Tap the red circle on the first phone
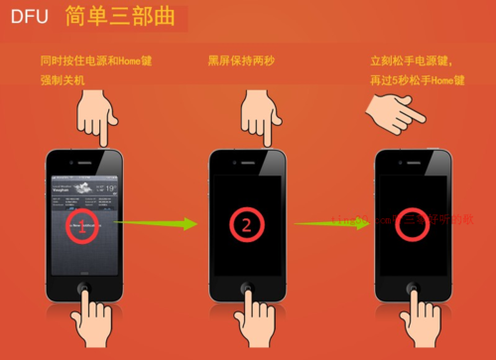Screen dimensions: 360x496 coord(85,227)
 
